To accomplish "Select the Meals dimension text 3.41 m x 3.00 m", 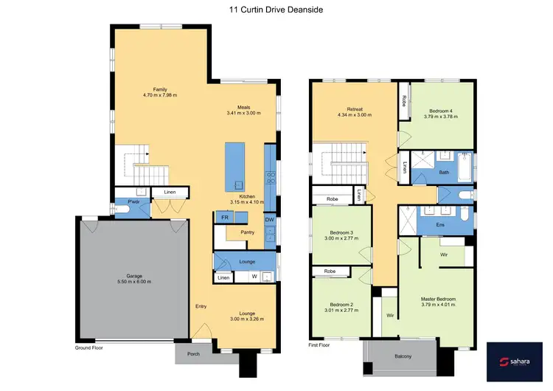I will click(x=243, y=114).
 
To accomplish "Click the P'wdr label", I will click(x=134, y=201).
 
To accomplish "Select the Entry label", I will click(x=201, y=306).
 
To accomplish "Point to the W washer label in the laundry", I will click(x=254, y=277).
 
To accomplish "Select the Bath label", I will click(x=444, y=172).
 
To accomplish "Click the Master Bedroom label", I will click(x=438, y=299).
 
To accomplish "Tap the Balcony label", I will click(x=402, y=356).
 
